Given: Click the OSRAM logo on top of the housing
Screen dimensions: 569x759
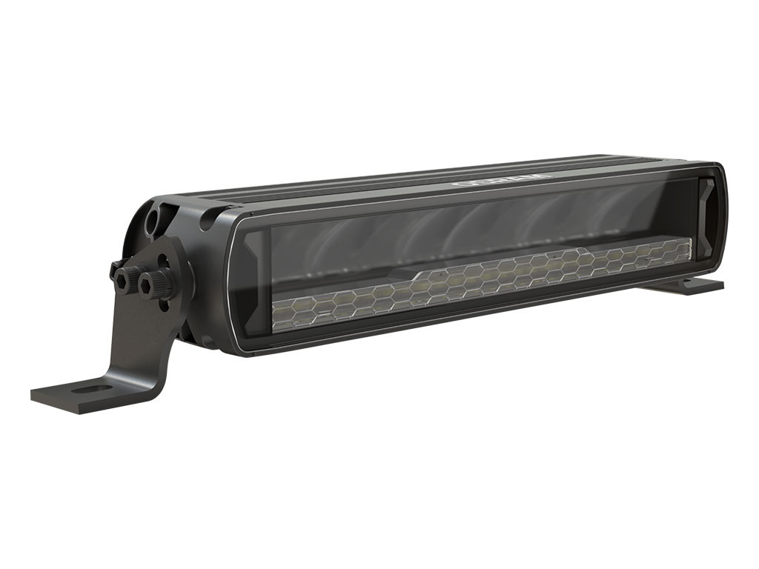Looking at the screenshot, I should [x=503, y=179].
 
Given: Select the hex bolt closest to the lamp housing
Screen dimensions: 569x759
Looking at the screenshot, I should [x=157, y=283].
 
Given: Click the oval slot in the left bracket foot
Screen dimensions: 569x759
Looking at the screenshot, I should [x=92, y=388].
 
